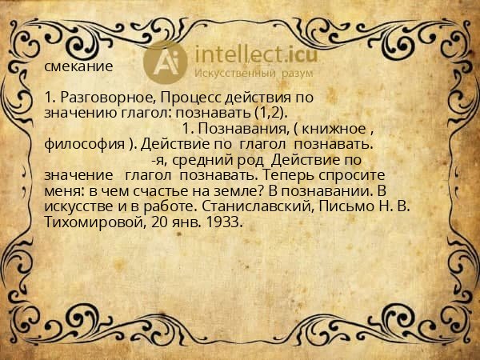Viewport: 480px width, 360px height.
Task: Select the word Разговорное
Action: [98, 98]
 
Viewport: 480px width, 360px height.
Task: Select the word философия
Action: [79, 144]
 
